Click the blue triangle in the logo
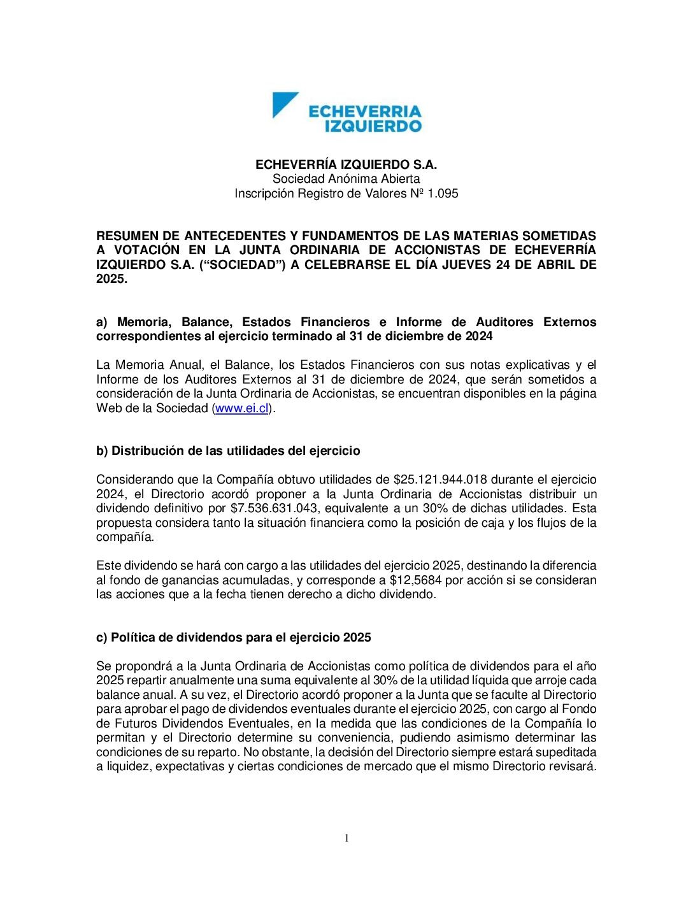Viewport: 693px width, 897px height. pyautogui.click(x=283, y=104)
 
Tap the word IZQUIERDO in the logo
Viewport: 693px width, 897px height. pyautogui.click(x=373, y=126)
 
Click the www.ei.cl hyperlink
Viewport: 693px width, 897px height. pyautogui.click(x=242, y=408)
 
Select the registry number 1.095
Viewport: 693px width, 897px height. pyautogui.click(x=442, y=193)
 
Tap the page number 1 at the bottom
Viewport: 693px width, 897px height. pyautogui.click(x=346, y=838)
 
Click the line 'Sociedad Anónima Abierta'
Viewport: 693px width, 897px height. pyautogui.click(x=346, y=179)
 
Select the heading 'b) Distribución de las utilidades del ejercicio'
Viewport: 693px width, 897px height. pyautogui.click(x=228, y=451)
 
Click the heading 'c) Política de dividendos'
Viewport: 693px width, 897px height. pyautogui.click(x=233, y=638)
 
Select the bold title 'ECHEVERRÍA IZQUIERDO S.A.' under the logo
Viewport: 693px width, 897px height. pyautogui.click(x=346, y=164)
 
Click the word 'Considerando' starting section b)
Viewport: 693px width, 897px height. pyautogui.click(x=131, y=480)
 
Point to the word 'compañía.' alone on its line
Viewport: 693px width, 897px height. pyautogui.click(x=125, y=537)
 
